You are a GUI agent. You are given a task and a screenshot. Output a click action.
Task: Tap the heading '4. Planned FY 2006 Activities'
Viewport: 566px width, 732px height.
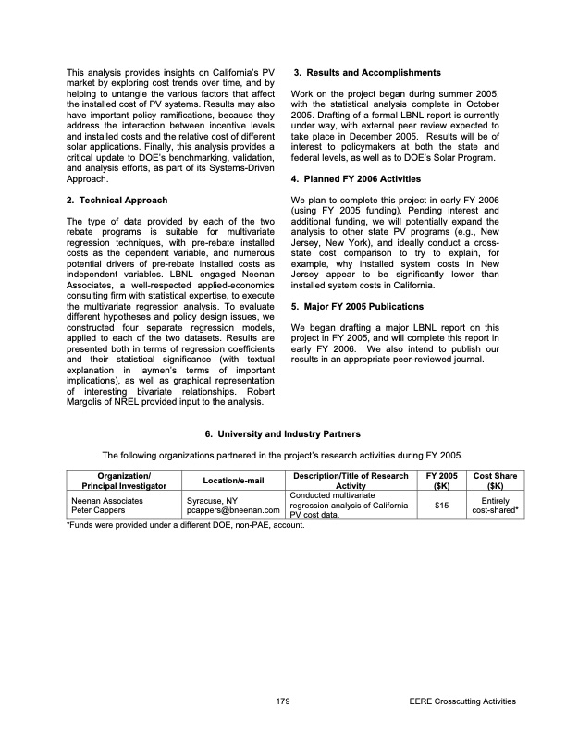click(x=356, y=178)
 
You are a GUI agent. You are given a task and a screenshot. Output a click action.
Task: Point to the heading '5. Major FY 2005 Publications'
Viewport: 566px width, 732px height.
click(x=357, y=307)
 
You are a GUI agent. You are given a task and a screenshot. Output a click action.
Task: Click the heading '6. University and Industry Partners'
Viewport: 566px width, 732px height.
click(x=282, y=433)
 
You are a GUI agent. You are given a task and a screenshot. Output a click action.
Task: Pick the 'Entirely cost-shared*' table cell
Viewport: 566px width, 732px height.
click(x=495, y=505)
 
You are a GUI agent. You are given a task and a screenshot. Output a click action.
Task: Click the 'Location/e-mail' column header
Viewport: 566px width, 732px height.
click(x=235, y=481)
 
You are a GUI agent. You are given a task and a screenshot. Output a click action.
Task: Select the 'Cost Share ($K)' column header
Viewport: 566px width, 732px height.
click(x=495, y=481)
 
